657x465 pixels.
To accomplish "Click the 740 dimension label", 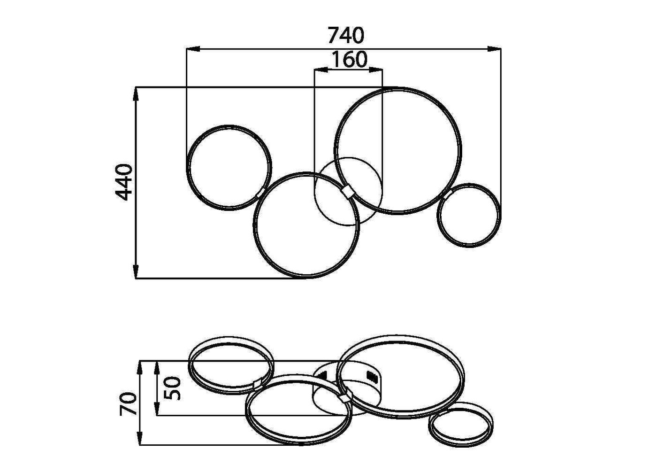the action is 346,35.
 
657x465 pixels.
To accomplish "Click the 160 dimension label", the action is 349,59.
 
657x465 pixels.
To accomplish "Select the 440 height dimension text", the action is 123,182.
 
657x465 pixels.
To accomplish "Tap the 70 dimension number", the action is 129,404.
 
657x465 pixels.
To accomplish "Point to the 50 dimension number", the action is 172,388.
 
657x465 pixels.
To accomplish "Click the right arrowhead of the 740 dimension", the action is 494,48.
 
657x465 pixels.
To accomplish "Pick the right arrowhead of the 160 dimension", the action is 376,70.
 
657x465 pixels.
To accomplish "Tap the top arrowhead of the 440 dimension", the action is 136,94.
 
